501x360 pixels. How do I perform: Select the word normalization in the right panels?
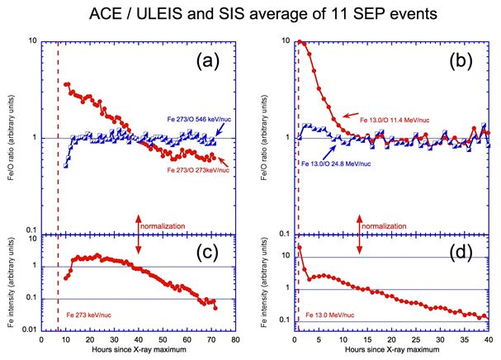click(x=395, y=225)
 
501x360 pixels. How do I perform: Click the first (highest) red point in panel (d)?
click(x=299, y=247)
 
